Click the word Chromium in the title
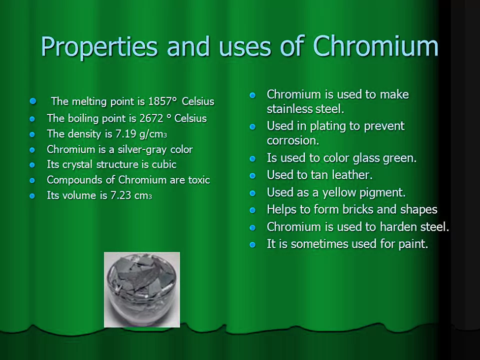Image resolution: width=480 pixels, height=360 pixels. coord(375,47)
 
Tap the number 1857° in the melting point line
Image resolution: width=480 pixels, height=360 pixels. coord(162,101)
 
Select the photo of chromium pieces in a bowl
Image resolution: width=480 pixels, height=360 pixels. coord(142,290)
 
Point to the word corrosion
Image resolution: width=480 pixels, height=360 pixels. coord(292,140)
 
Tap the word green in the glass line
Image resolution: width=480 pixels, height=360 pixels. coord(398,158)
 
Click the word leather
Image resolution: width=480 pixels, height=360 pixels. coord(350,175)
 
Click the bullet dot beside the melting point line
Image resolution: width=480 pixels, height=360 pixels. coord(33,101)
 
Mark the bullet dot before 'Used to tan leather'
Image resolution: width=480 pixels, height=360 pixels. coord(253,175)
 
